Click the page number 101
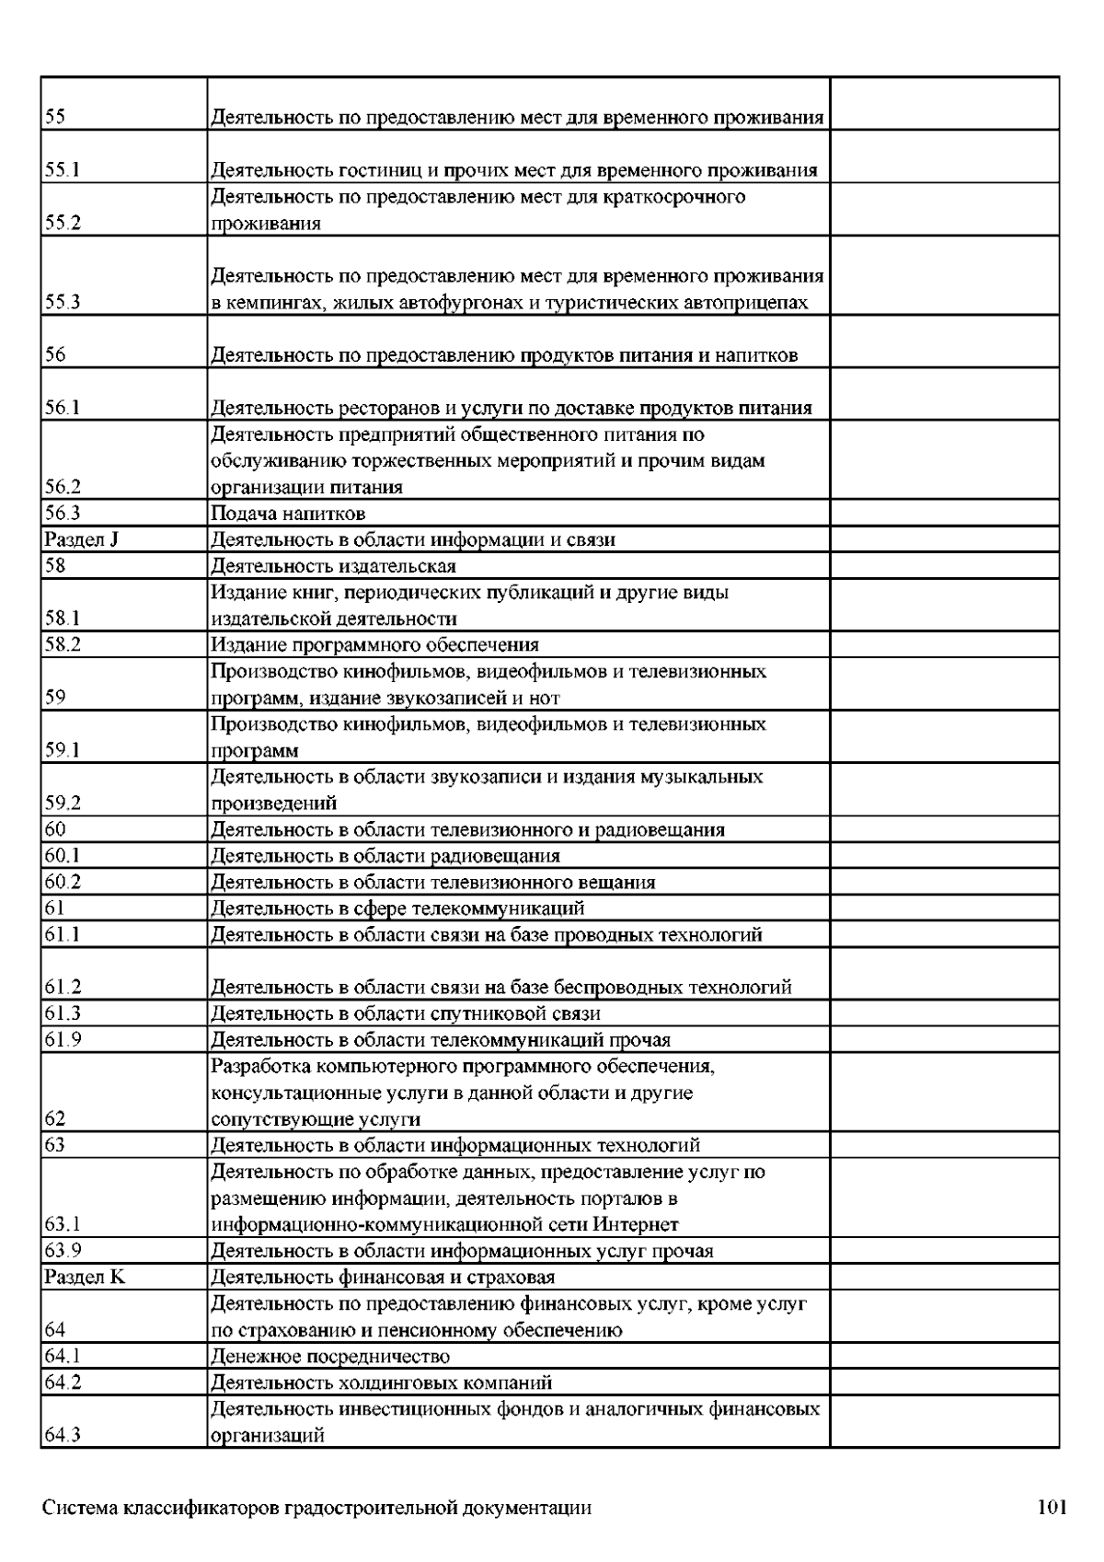click(1052, 1508)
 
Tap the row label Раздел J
click(81, 539)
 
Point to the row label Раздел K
click(85, 1277)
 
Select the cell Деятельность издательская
click(333, 566)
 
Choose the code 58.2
click(62, 644)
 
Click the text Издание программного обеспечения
click(375, 644)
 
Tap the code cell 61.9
click(62, 1040)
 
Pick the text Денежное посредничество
click(330, 1356)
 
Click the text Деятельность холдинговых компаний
click(382, 1383)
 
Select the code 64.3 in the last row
click(62, 1435)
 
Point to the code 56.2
click(62, 487)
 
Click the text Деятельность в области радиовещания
click(385, 856)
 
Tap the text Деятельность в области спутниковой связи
click(406, 1013)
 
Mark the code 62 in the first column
click(54, 1119)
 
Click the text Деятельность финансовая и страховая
click(383, 1277)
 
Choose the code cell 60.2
click(62, 882)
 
